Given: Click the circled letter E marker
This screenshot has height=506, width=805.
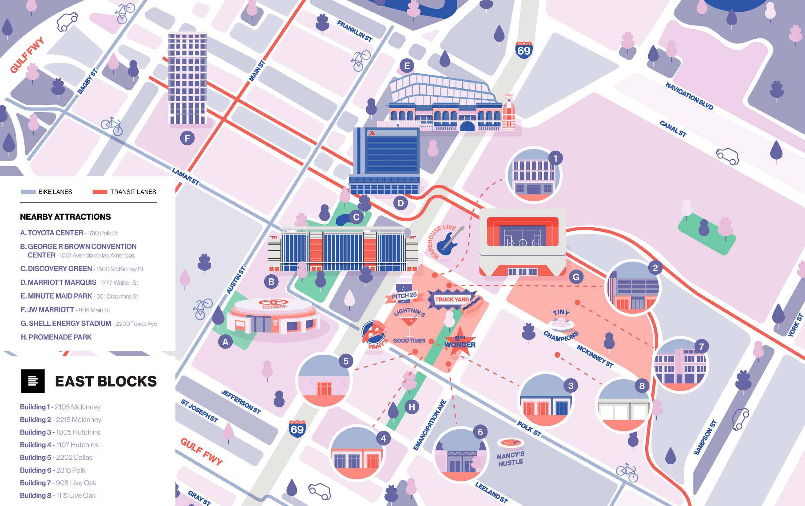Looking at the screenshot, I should pyautogui.click(x=407, y=66).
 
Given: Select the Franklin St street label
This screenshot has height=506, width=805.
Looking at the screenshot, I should pyautogui.click(x=354, y=31).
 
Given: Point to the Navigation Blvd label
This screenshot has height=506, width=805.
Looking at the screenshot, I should pyautogui.click(x=689, y=96).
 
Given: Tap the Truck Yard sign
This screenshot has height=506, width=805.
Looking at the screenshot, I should pyautogui.click(x=452, y=299).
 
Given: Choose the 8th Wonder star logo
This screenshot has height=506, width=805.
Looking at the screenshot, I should pyautogui.click(x=460, y=341).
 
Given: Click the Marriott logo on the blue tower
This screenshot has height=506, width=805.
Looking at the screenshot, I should pyautogui.click(x=372, y=133).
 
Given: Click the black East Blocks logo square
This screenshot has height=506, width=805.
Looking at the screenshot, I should pyautogui.click(x=33, y=381).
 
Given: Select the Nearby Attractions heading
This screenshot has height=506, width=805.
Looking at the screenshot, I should pyautogui.click(x=65, y=217).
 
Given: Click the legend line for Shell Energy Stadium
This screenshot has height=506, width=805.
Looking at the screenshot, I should pyautogui.click(x=89, y=323).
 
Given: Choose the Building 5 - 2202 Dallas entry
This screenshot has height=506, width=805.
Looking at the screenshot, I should pyautogui.click(x=56, y=457).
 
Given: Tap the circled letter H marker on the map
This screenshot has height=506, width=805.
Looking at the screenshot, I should pyautogui.click(x=412, y=407).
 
